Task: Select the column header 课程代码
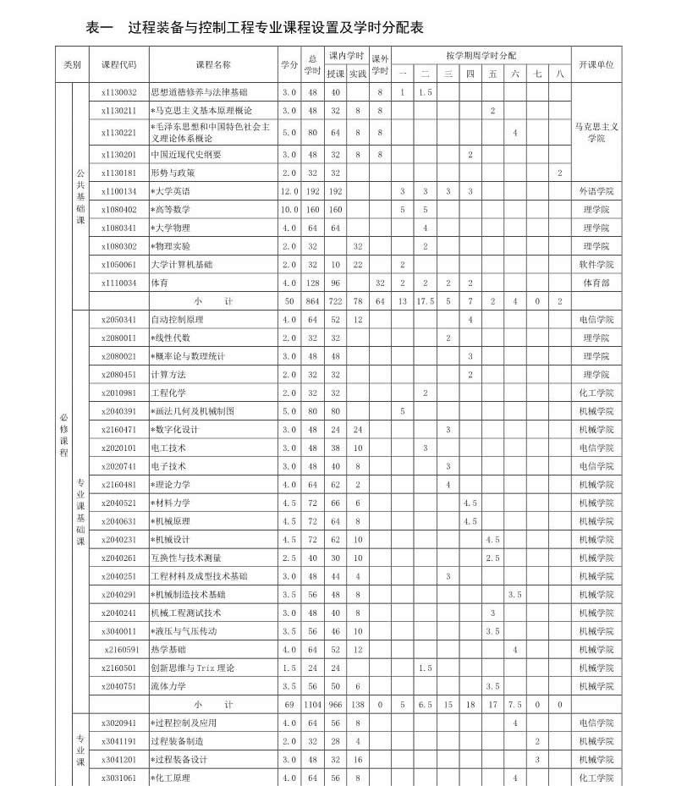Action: coord(118,64)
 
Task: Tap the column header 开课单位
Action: coord(596,64)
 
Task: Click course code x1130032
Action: coord(118,92)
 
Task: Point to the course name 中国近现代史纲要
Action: coord(186,155)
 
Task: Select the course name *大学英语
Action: coord(170,191)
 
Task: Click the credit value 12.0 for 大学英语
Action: coord(289,191)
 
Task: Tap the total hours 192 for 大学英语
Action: coord(312,191)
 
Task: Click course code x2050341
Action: coord(118,320)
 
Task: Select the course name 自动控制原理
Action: coord(177,320)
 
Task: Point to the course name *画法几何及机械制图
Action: coord(192,411)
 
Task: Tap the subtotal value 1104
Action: coord(312,704)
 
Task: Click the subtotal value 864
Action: coord(312,301)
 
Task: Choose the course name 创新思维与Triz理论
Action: coord(192,668)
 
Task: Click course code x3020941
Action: coord(118,723)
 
